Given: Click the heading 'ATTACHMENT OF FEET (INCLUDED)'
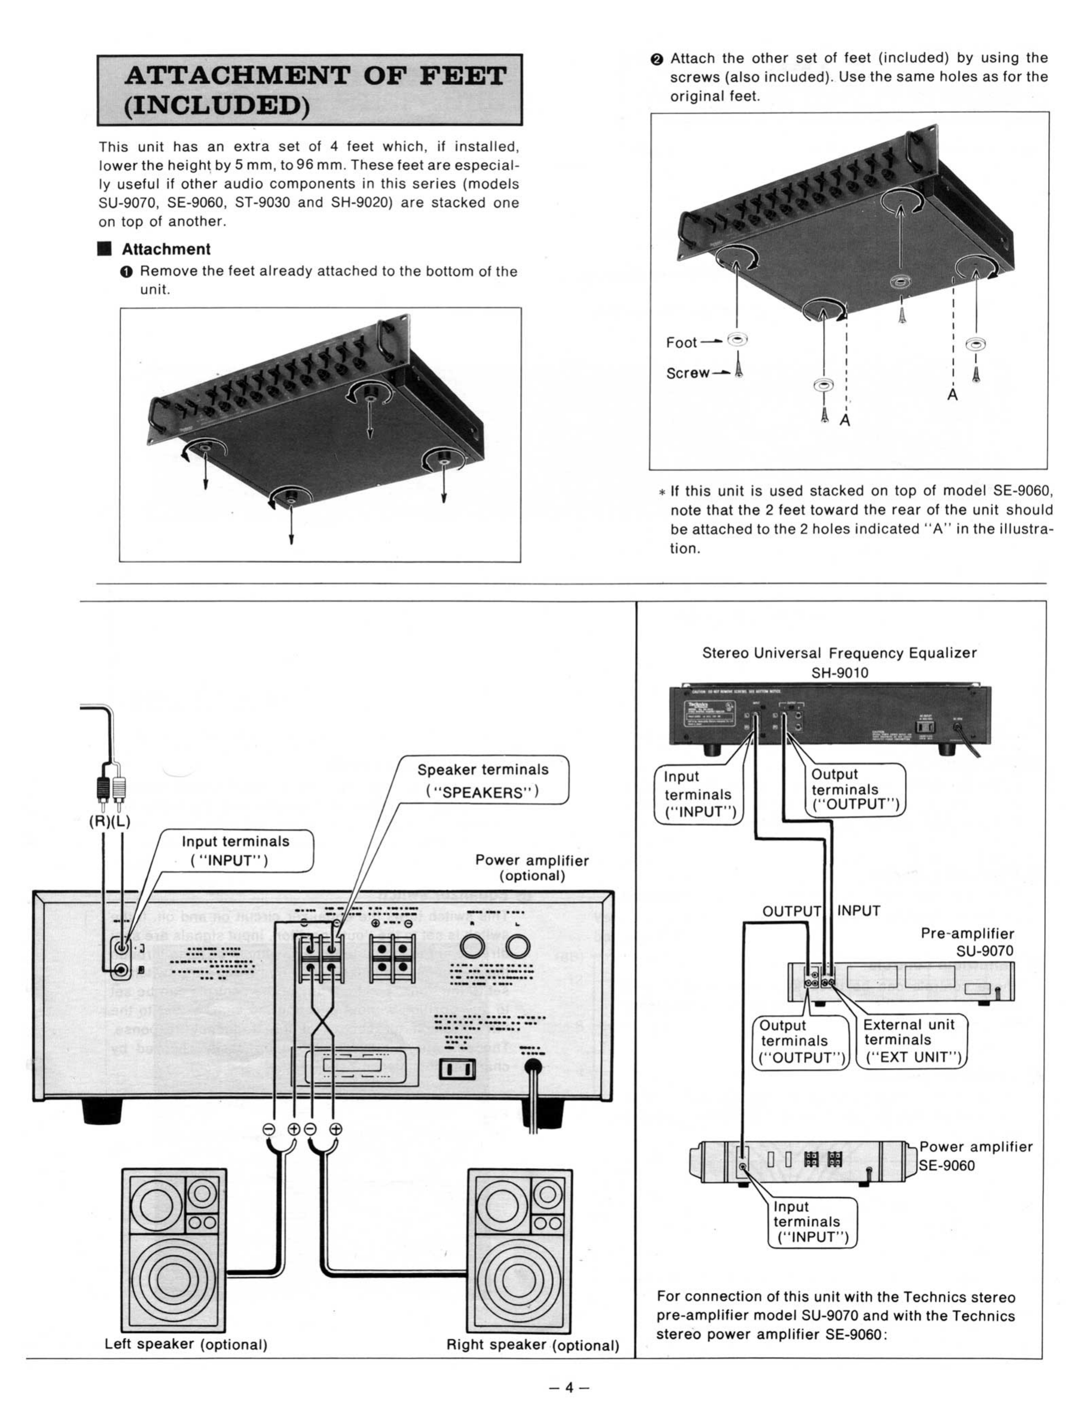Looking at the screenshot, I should (x=309, y=90).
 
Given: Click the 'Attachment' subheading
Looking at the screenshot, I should (x=166, y=249).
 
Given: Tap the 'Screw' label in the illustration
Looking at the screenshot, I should (x=687, y=373).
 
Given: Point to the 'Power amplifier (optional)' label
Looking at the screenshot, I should (x=532, y=868).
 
